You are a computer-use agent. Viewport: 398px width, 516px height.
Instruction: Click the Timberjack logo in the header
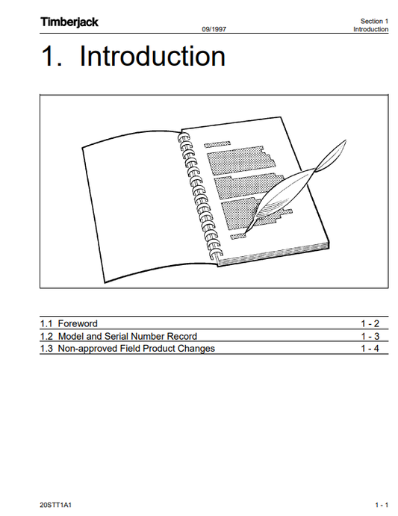pyautogui.click(x=69, y=22)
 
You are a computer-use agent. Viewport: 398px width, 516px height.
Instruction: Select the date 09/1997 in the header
pyautogui.click(x=214, y=29)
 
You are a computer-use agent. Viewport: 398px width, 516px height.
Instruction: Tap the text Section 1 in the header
pyautogui.click(x=374, y=21)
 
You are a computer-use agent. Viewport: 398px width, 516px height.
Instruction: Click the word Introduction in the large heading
pyautogui.click(x=152, y=56)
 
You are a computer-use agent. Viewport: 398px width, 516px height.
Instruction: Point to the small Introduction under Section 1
pyautogui.click(x=370, y=29)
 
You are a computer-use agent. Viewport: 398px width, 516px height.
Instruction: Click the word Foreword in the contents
pyautogui.click(x=78, y=323)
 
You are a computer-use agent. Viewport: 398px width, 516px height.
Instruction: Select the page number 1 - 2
pyautogui.click(x=370, y=323)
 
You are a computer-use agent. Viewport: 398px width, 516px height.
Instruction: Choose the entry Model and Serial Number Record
pyautogui.click(x=128, y=336)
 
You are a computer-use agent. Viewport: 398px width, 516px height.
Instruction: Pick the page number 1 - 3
pyautogui.click(x=370, y=336)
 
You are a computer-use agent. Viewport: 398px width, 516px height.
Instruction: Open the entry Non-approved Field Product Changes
pyautogui.click(x=137, y=349)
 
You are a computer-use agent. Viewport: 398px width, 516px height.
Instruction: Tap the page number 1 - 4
pyautogui.click(x=370, y=349)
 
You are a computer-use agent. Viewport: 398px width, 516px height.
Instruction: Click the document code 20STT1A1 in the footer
pyautogui.click(x=56, y=505)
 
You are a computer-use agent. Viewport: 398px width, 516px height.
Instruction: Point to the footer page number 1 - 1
pyautogui.click(x=382, y=505)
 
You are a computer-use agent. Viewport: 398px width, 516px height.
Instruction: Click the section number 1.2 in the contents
pyautogui.click(x=46, y=336)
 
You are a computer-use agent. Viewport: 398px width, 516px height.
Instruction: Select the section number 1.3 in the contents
pyautogui.click(x=46, y=349)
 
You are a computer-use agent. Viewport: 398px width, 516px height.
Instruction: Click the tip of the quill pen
pyautogui.click(x=246, y=232)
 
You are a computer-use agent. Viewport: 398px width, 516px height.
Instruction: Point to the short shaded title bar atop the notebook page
pyautogui.click(x=217, y=144)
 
